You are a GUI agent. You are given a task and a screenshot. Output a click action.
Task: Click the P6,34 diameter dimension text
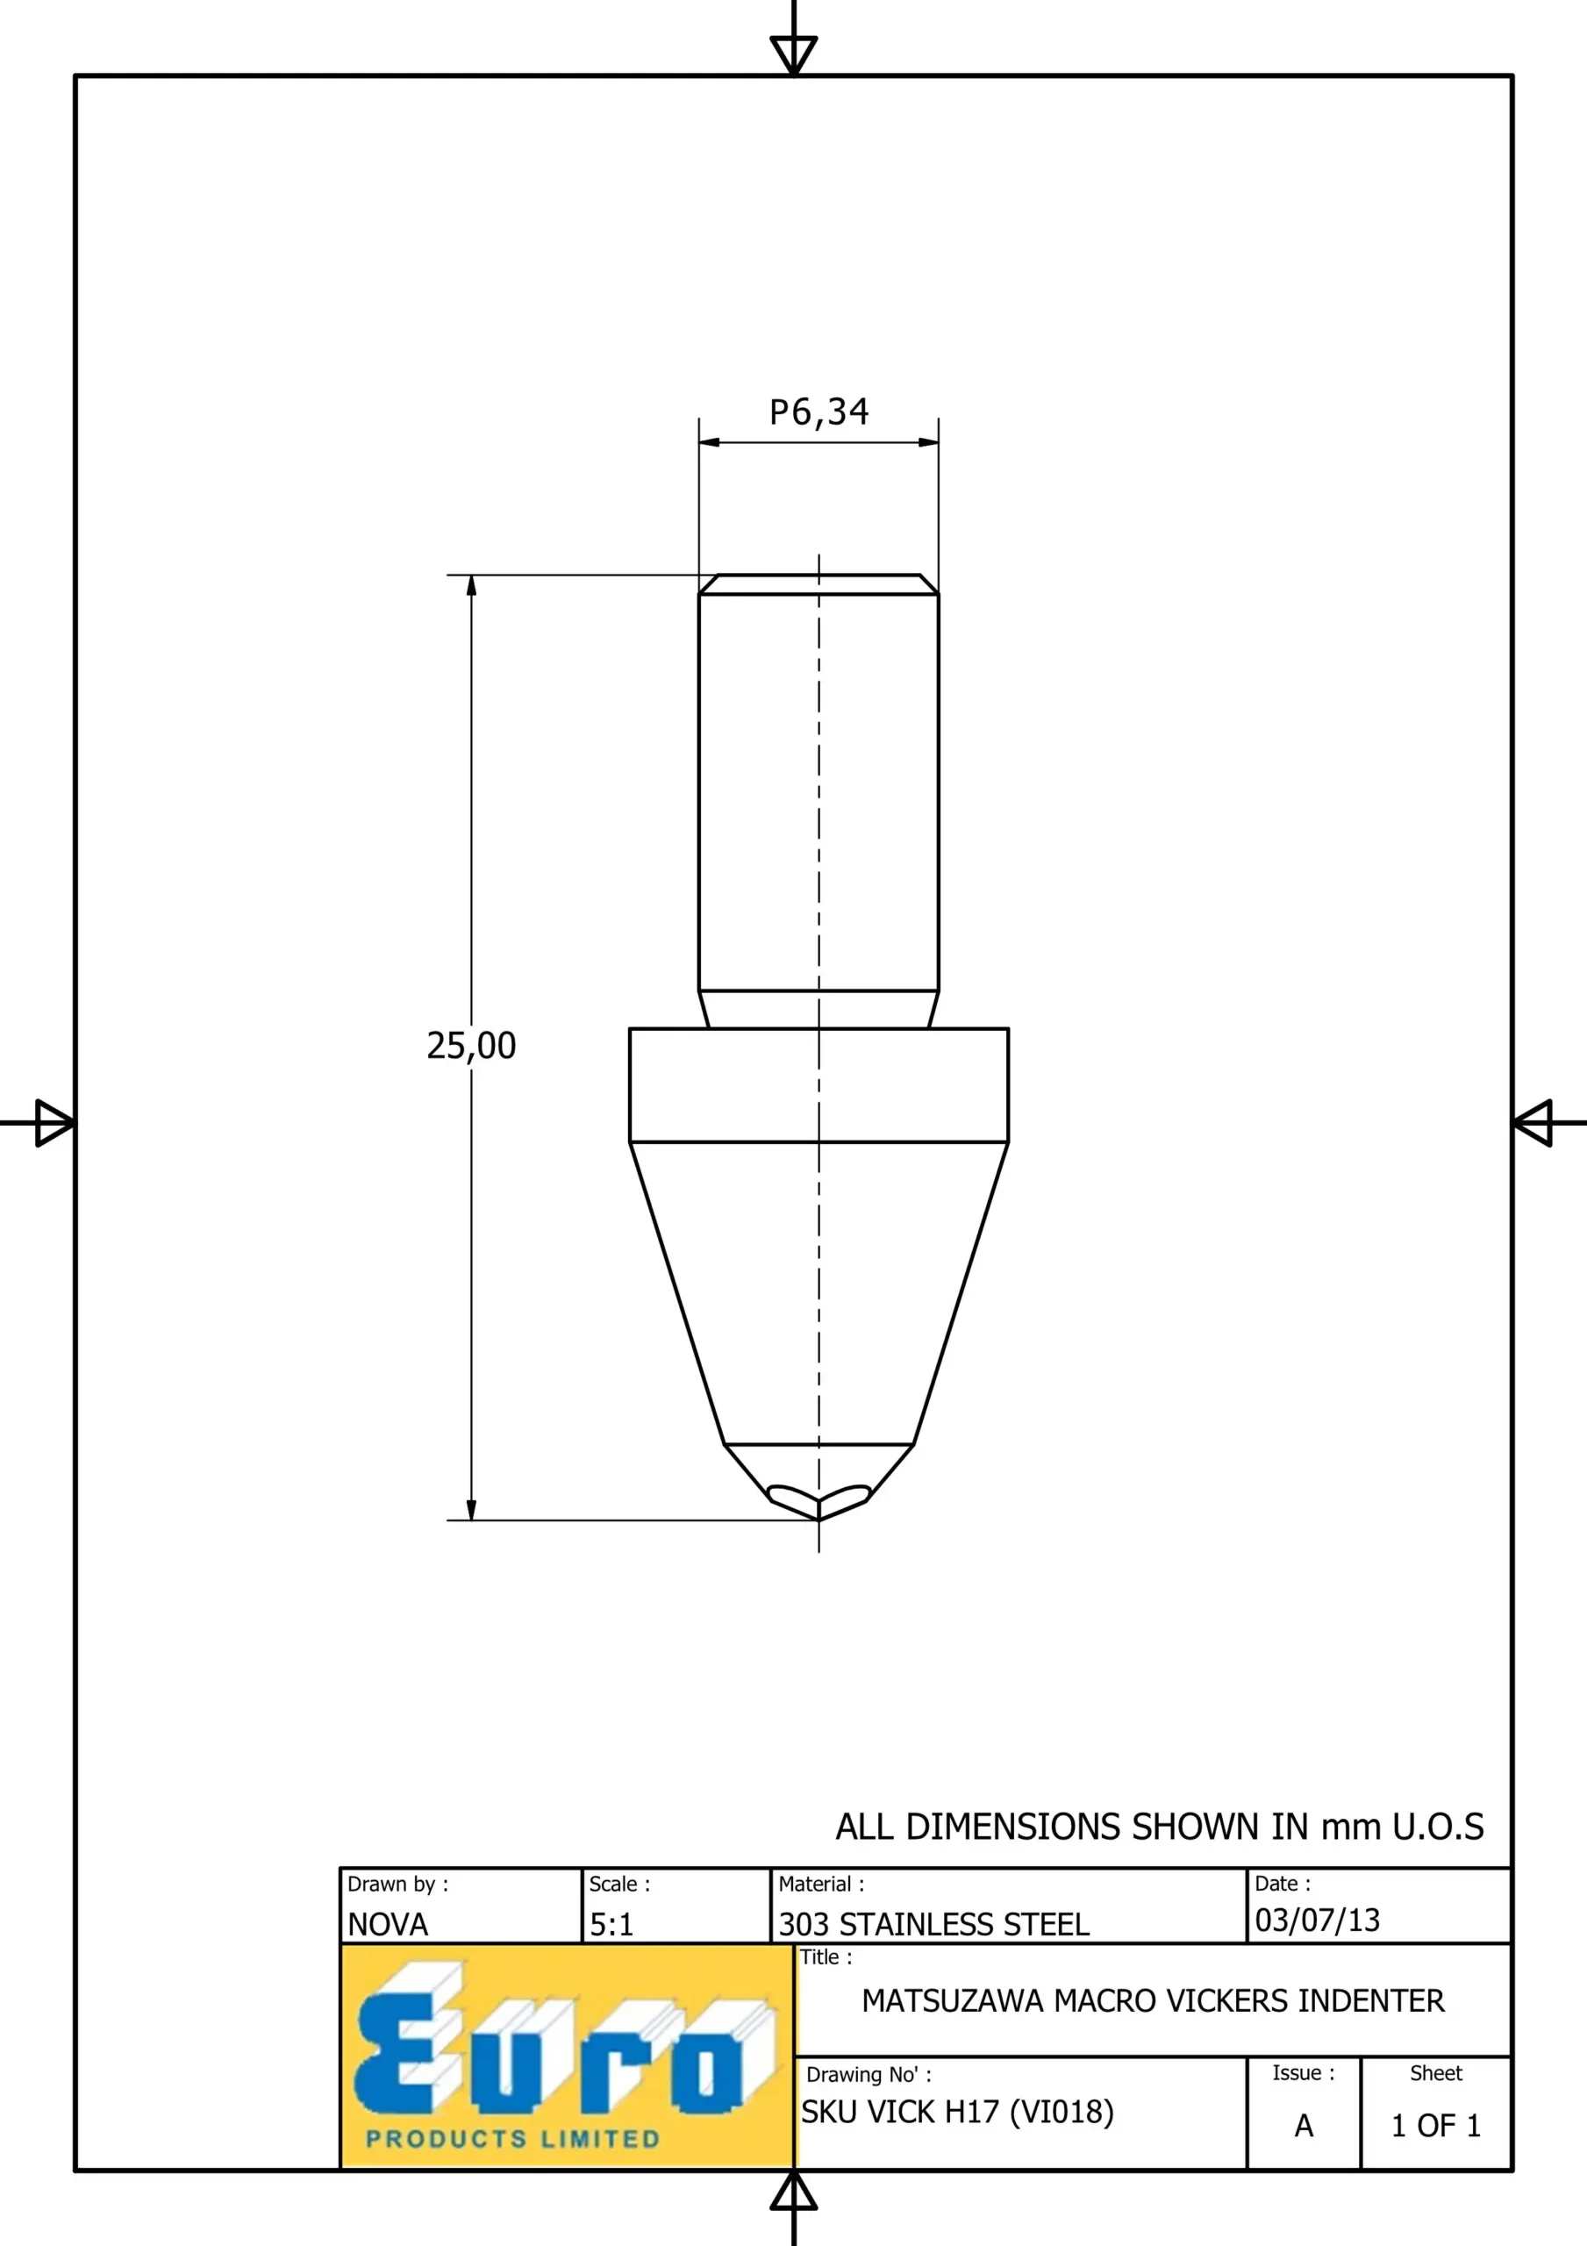(819, 411)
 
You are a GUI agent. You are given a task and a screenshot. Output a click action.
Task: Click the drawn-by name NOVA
(389, 1925)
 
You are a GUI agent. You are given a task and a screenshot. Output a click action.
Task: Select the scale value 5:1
(611, 1925)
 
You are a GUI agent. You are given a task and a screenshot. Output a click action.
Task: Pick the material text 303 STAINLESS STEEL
(933, 1925)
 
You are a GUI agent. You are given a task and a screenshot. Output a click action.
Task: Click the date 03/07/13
(1317, 1921)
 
